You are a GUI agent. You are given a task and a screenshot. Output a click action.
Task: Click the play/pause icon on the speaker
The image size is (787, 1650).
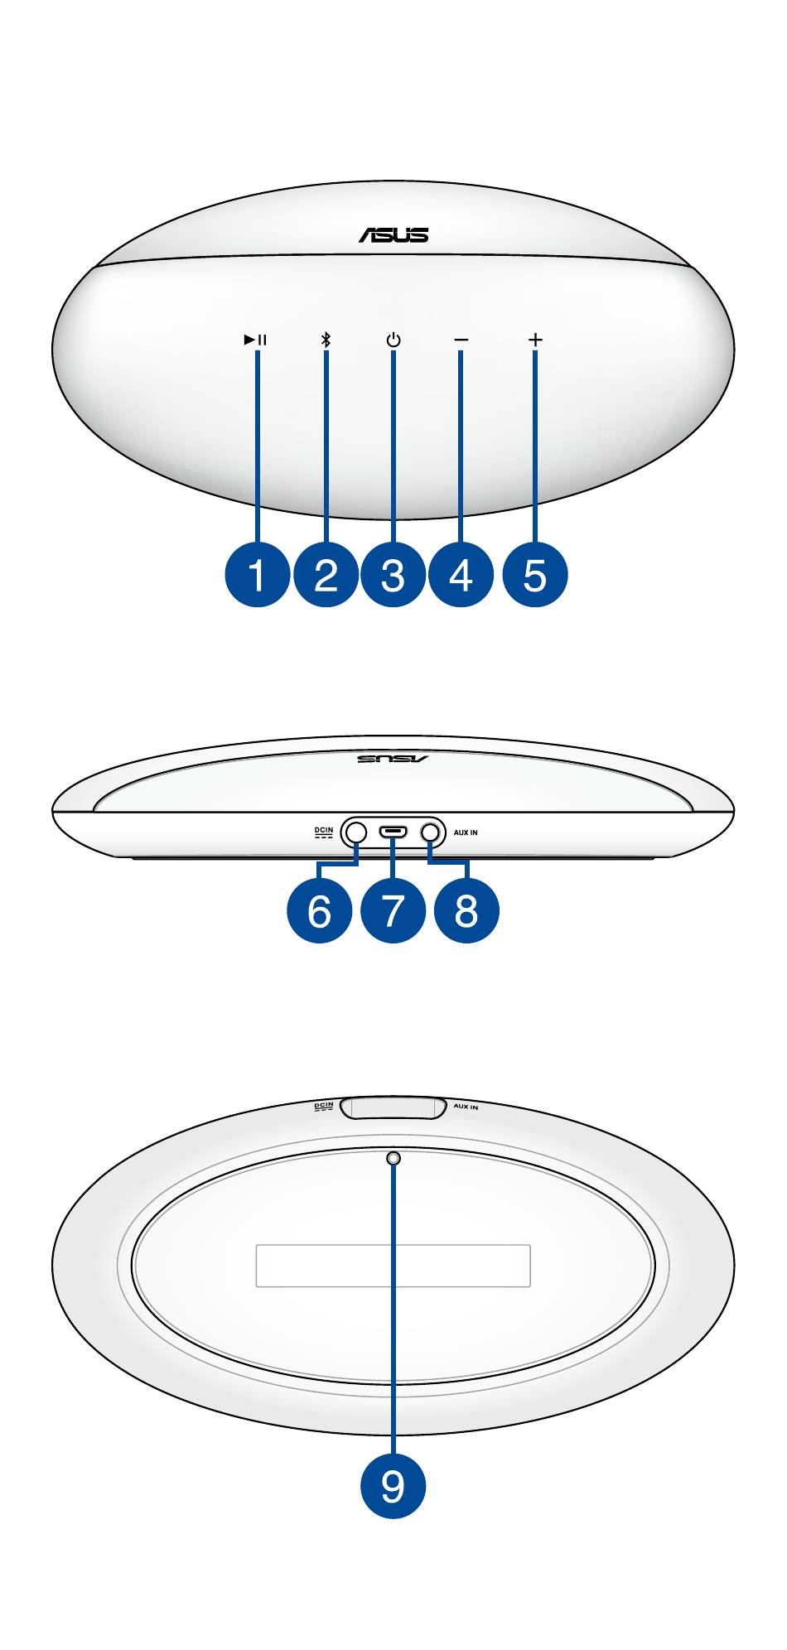point(255,340)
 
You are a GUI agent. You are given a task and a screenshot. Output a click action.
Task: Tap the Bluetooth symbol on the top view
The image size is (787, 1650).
point(326,340)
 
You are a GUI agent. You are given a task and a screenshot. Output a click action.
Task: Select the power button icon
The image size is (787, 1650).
point(393,340)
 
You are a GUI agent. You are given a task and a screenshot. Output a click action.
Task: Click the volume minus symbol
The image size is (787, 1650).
point(461,340)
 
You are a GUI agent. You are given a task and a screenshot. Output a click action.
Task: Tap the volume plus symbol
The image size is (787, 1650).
point(535,340)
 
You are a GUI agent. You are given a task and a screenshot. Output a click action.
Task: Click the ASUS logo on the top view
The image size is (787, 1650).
point(393,235)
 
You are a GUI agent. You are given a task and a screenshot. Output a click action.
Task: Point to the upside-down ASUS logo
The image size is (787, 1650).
point(393,758)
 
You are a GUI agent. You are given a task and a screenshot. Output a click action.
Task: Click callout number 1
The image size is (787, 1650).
point(258,574)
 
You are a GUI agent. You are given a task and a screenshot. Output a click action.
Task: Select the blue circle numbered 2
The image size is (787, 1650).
point(326,574)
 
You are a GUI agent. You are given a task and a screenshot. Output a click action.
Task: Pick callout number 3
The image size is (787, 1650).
point(393,574)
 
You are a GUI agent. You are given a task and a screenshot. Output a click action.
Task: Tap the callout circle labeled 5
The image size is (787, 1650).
point(535,574)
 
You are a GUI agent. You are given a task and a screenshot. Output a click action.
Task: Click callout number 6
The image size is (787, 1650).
point(319,910)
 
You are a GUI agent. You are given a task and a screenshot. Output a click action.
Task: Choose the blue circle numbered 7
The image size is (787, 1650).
point(393,910)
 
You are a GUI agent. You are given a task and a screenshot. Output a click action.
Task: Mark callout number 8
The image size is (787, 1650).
point(466,910)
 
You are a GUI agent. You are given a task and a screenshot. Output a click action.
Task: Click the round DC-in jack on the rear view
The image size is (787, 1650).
point(356,832)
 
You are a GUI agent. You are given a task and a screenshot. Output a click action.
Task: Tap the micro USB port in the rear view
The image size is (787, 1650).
point(393,832)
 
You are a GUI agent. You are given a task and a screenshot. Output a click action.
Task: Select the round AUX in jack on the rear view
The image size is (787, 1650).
point(431,832)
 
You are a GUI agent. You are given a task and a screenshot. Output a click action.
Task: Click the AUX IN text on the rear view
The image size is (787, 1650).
point(466,832)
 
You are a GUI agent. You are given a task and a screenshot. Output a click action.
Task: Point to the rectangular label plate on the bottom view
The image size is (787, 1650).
point(393,1266)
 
